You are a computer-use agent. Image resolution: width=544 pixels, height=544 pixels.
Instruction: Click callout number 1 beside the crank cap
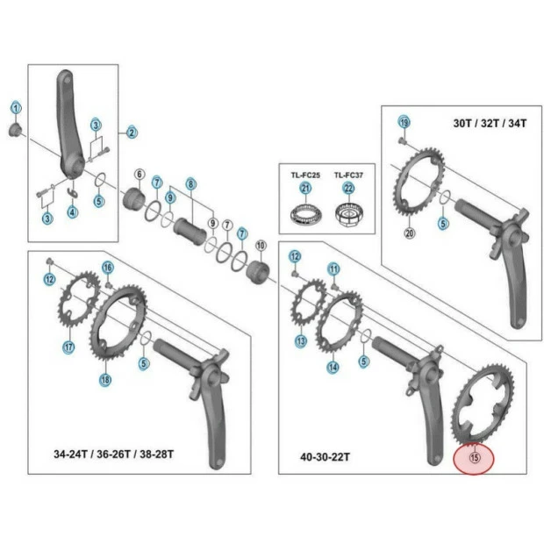[15, 108]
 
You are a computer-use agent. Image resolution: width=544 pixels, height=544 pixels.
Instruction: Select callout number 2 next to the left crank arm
[132, 132]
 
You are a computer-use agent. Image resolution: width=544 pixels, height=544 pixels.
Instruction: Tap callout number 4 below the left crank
[73, 212]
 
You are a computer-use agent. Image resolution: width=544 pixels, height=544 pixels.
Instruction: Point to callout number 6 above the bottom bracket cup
[139, 175]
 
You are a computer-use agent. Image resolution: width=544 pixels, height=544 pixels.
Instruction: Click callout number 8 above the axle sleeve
[190, 184]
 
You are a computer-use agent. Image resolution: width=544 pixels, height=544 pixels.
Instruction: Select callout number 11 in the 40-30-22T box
[333, 268]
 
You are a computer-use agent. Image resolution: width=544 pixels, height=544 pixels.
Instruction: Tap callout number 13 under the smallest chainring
[301, 341]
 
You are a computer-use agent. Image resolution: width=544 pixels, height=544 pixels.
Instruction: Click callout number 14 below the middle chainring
[333, 368]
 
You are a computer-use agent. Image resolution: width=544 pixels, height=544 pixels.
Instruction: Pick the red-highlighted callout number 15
[475, 456]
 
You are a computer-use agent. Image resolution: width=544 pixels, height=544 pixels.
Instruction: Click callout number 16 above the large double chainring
[108, 268]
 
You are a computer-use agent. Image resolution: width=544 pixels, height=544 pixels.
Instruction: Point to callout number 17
[68, 347]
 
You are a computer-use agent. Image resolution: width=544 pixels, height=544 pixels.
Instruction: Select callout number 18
[105, 380]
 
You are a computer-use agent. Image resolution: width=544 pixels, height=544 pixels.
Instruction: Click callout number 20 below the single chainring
[409, 233]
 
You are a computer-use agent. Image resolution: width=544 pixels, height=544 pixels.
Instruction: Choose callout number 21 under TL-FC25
[305, 188]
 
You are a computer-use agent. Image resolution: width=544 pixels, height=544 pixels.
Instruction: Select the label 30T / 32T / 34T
[490, 124]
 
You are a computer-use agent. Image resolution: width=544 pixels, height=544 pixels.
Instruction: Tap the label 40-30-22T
[325, 457]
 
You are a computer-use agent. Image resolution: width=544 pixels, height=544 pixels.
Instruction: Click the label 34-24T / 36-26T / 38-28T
[114, 455]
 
